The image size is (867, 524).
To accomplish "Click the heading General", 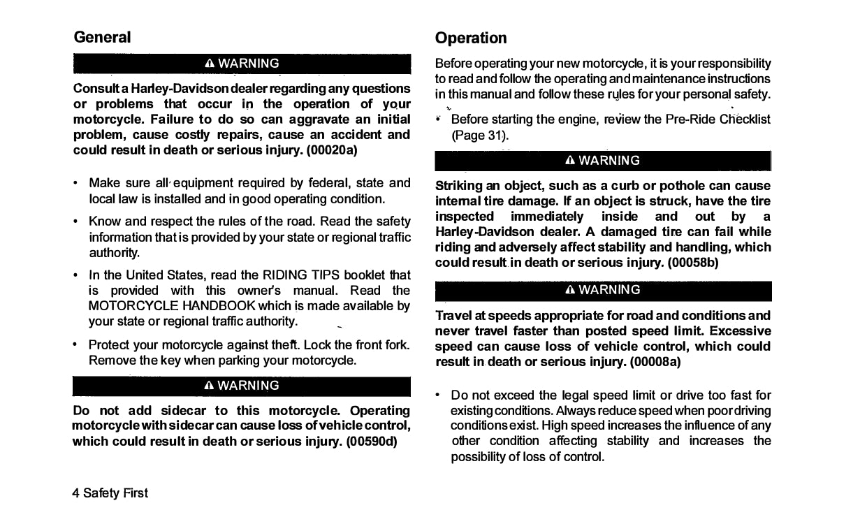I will click(102, 37).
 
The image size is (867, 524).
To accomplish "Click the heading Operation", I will click(470, 38).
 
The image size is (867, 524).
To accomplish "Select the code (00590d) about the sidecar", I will click(372, 442).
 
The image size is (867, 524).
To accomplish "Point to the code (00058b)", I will click(692, 263).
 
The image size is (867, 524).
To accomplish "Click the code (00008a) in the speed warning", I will click(655, 362).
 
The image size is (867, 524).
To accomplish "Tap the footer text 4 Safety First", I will click(110, 493).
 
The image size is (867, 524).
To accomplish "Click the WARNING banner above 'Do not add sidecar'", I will click(242, 386).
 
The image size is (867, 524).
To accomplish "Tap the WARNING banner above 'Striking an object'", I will click(603, 161).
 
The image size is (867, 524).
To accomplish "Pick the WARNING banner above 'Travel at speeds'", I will click(603, 290).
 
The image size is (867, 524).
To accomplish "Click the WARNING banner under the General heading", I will click(242, 64).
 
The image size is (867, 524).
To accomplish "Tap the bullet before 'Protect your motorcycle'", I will click(75, 345).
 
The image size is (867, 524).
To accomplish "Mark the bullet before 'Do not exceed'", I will click(437, 395).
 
